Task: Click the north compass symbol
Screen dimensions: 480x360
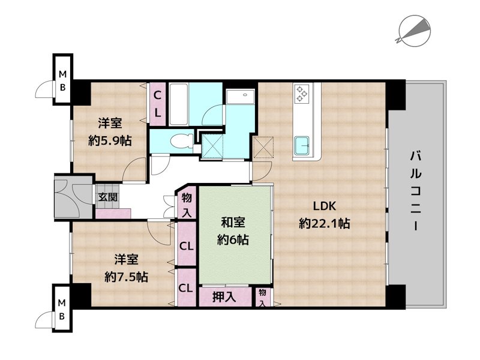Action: point(414,31)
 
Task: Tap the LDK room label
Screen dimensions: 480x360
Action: point(324,206)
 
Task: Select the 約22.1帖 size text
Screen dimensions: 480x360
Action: point(325,224)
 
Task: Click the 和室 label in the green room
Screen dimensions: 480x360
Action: point(233,223)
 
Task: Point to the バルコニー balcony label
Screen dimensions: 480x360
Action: point(416,190)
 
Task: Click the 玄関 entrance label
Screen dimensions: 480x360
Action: point(108,197)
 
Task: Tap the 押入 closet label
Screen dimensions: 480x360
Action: point(224,296)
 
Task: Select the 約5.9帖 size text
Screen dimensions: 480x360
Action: point(110,141)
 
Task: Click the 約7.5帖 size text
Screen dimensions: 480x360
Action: point(127,277)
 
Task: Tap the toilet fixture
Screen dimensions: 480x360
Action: point(181,142)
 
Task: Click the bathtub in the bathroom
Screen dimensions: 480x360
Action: point(178,104)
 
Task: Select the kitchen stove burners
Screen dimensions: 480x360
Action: point(302,93)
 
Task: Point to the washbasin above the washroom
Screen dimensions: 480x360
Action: point(241,96)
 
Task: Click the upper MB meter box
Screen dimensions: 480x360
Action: point(62,80)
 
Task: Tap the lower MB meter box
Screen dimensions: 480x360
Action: point(62,308)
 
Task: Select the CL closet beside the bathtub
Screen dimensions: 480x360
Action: point(157,104)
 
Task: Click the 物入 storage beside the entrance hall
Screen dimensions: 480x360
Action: point(187,205)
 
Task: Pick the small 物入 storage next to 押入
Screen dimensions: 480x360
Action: point(263,297)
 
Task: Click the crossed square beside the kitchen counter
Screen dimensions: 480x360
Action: point(263,147)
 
